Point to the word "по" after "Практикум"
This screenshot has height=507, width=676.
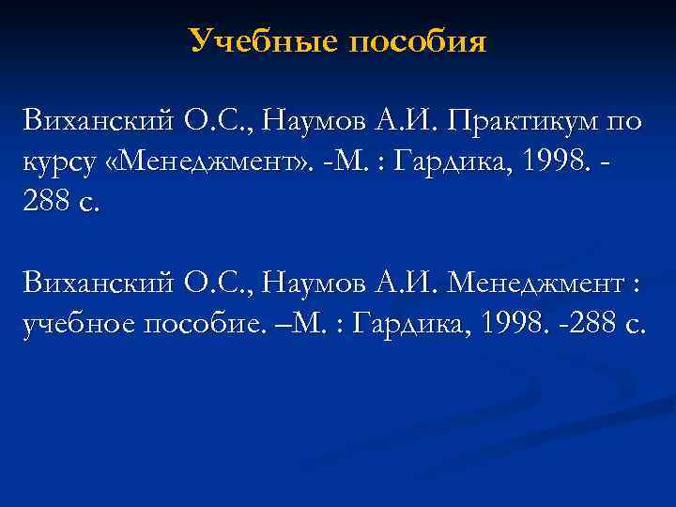(623, 120)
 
